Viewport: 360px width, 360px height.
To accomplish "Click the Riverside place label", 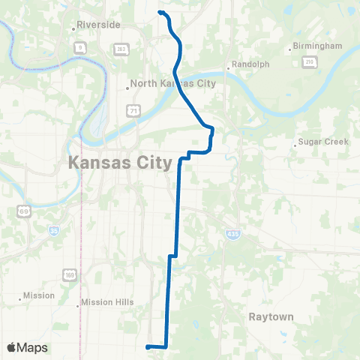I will pyautogui.click(x=98, y=25).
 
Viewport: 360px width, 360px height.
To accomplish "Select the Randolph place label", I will pyautogui.click(x=250, y=64).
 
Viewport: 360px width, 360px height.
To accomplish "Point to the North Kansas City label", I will pyautogui.click(x=172, y=84).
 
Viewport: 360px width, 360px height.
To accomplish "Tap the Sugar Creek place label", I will pyautogui.click(x=319, y=141).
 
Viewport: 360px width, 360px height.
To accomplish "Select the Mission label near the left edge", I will pyautogui.click(x=39, y=295).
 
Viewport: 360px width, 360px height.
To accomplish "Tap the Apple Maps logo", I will pyautogui.click(x=27, y=348).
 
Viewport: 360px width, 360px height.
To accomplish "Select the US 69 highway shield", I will pyautogui.click(x=25, y=213).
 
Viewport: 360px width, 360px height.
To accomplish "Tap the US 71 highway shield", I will pyautogui.click(x=133, y=111).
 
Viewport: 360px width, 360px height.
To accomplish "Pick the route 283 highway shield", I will pyautogui.click(x=121, y=49).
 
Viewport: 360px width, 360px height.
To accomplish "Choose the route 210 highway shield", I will pyautogui.click(x=307, y=63).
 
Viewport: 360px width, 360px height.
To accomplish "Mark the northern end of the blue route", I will pyautogui.click(x=160, y=12).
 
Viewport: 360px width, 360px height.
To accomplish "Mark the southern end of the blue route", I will pyautogui.click(x=147, y=346).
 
